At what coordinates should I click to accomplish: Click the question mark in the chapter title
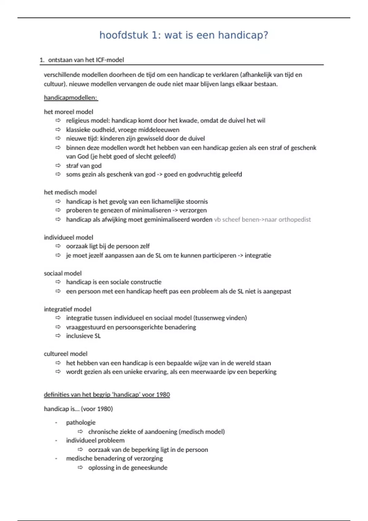tap(266, 35)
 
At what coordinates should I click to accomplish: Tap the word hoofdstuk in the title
tap(124, 35)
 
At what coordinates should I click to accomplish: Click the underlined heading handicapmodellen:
tap(71, 98)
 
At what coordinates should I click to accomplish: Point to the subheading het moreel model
tap(68, 112)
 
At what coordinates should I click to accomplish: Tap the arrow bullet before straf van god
tap(58, 165)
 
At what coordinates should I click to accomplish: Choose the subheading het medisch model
tap(70, 192)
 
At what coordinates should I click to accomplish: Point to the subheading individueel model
tap(68, 238)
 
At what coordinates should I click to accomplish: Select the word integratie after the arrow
tap(258, 255)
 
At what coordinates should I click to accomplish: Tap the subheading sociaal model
tap(63, 273)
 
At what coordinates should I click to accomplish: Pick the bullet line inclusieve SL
tap(83, 336)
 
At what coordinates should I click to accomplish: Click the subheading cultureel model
tap(66, 354)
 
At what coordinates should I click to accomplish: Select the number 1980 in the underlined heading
tap(163, 395)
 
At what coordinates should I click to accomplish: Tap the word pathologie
tap(81, 423)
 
